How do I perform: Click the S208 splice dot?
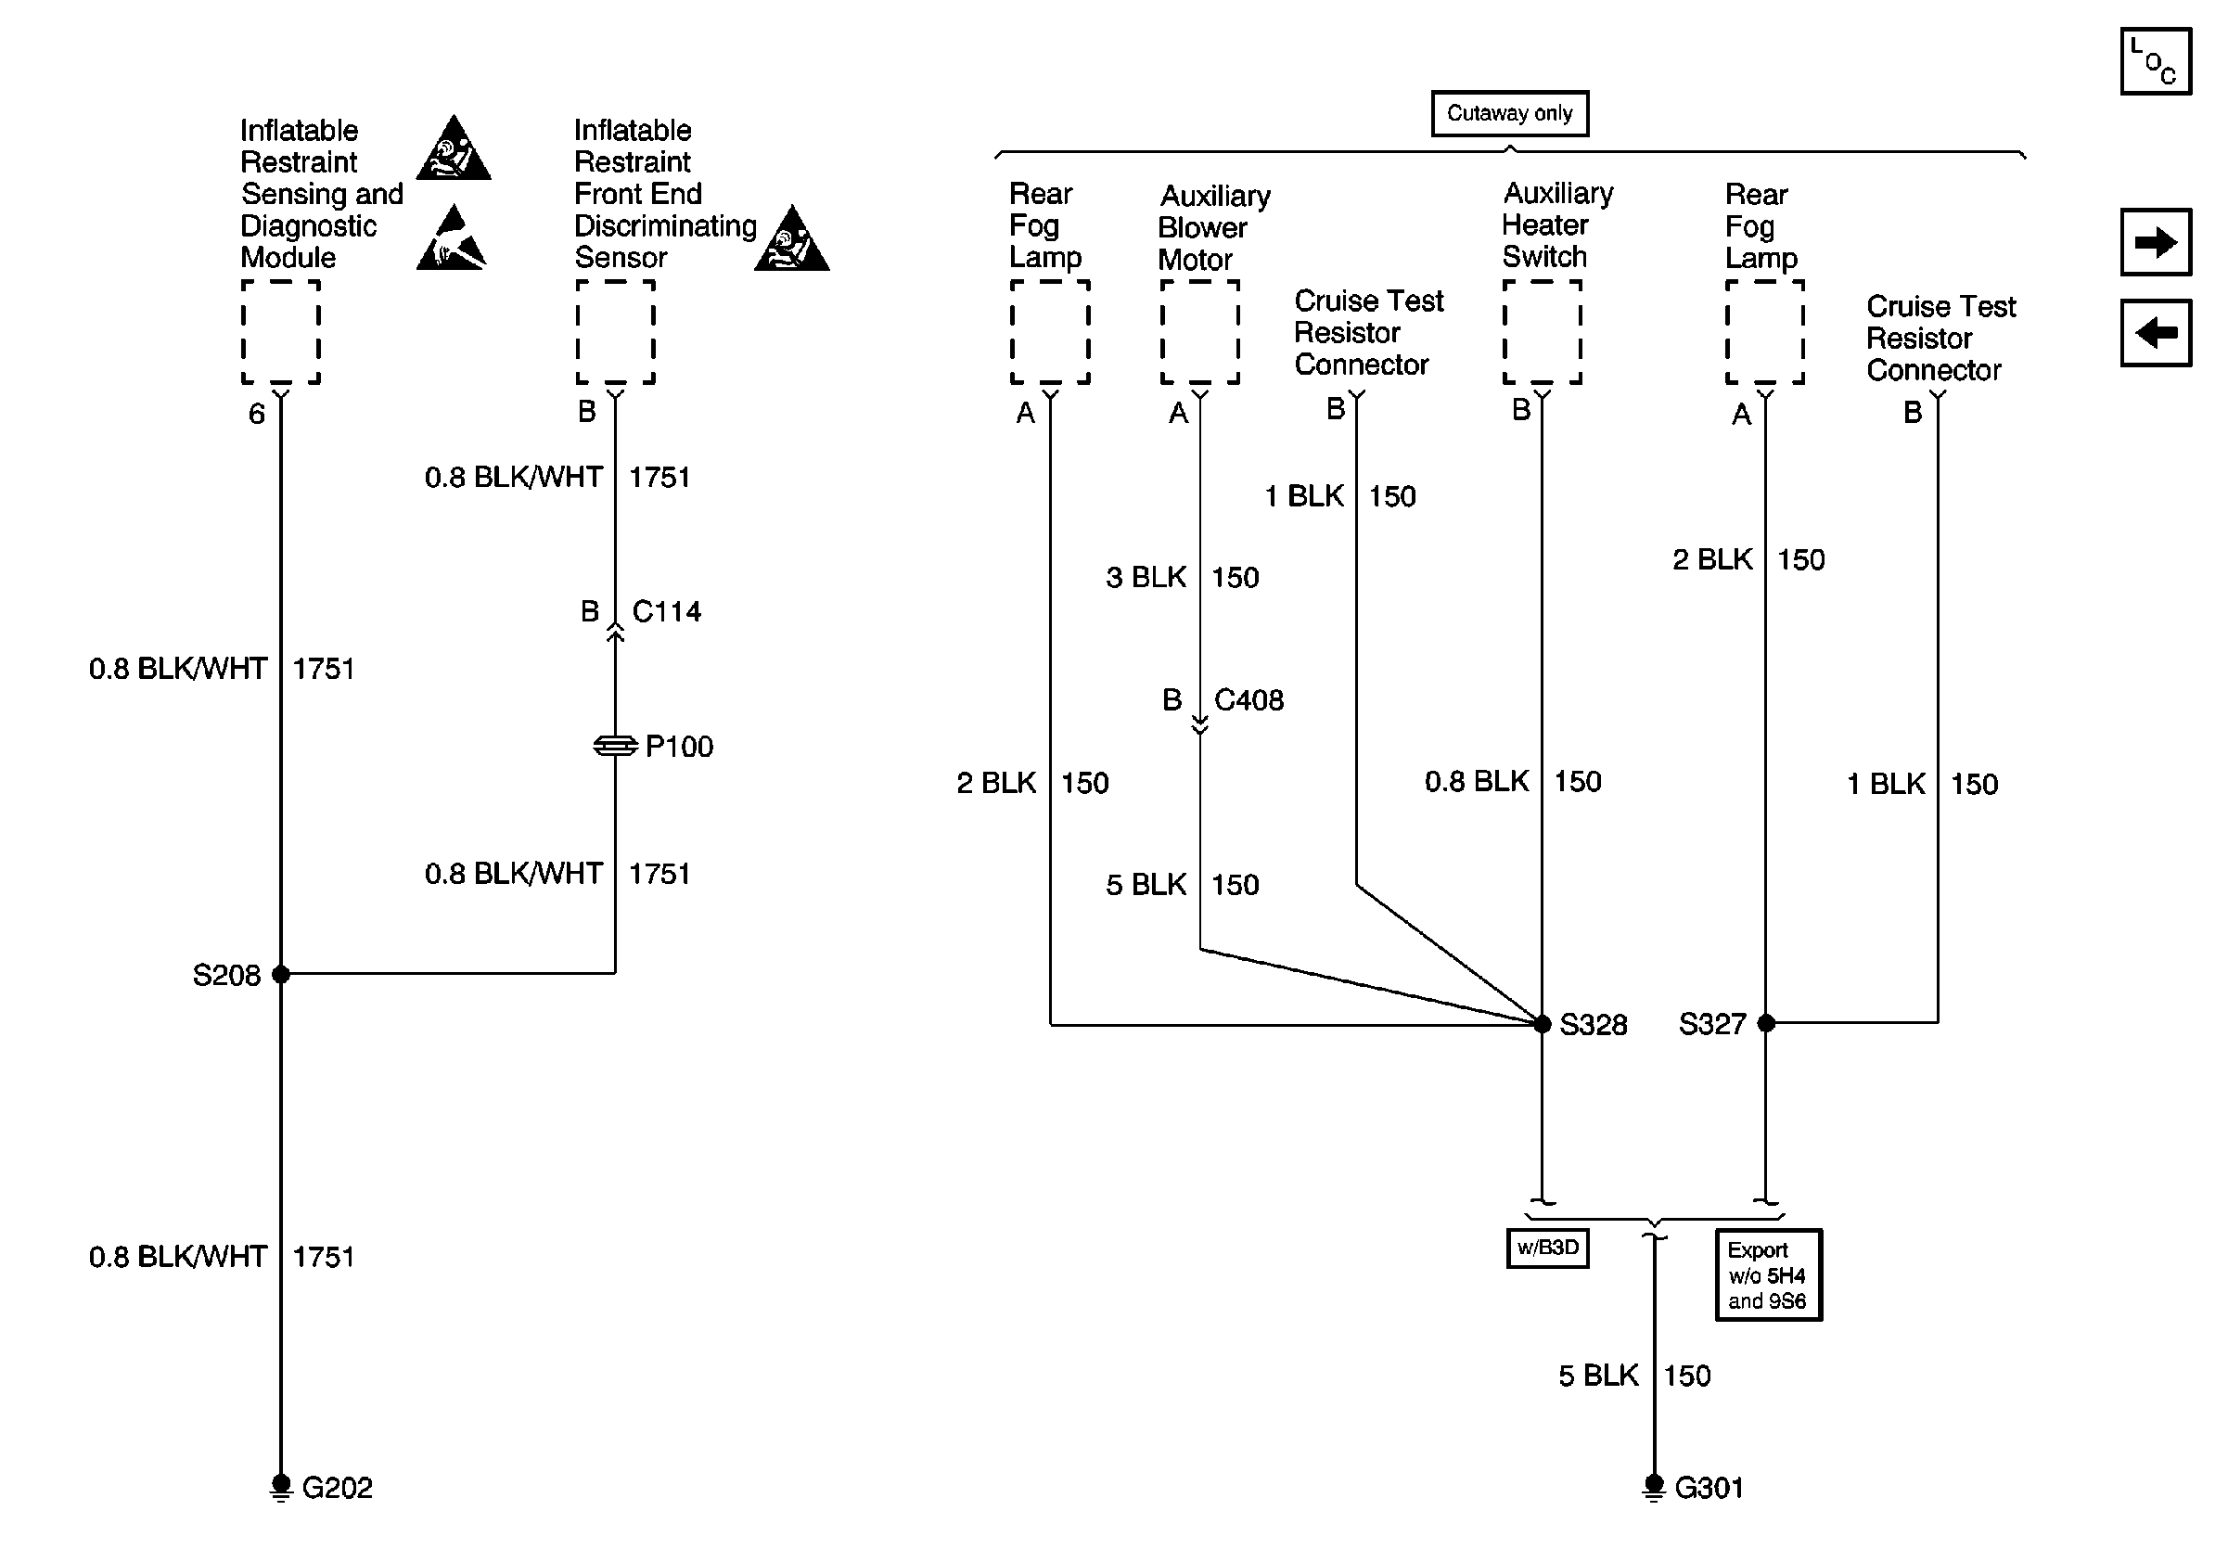pos(281,974)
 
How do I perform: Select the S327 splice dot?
pos(1766,1022)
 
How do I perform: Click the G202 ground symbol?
pos(281,1486)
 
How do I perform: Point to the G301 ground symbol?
pos(1655,1486)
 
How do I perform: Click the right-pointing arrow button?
pos(2156,241)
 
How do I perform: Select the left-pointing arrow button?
pos(2156,333)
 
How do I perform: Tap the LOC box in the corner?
pos(2156,61)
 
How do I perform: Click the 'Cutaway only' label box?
pos(1510,113)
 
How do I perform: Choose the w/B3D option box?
pos(1548,1248)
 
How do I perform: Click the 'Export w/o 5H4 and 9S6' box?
pos(1768,1274)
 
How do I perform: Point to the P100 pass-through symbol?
pos(615,746)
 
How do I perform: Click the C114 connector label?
pos(667,611)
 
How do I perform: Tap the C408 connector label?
pos(1248,699)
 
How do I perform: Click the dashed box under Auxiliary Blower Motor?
pos(1200,332)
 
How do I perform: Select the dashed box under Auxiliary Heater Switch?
pos(1542,332)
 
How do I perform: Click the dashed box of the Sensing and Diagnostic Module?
pos(281,332)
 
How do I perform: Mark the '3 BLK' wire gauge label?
pos(1146,577)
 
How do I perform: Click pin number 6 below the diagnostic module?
pos(256,415)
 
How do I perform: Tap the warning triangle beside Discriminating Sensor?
pos(792,237)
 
